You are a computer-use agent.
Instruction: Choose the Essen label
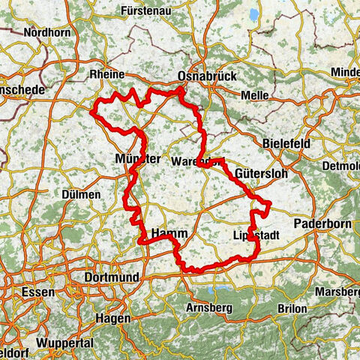(x=37, y=292)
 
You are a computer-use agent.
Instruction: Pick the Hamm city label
(x=169, y=234)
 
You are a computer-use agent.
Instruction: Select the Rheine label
(x=107, y=75)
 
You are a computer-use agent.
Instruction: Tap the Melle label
(x=255, y=95)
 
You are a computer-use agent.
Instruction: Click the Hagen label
(x=112, y=317)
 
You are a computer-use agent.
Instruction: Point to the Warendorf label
(x=196, y=161)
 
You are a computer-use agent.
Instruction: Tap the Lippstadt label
(x=256, y=235)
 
